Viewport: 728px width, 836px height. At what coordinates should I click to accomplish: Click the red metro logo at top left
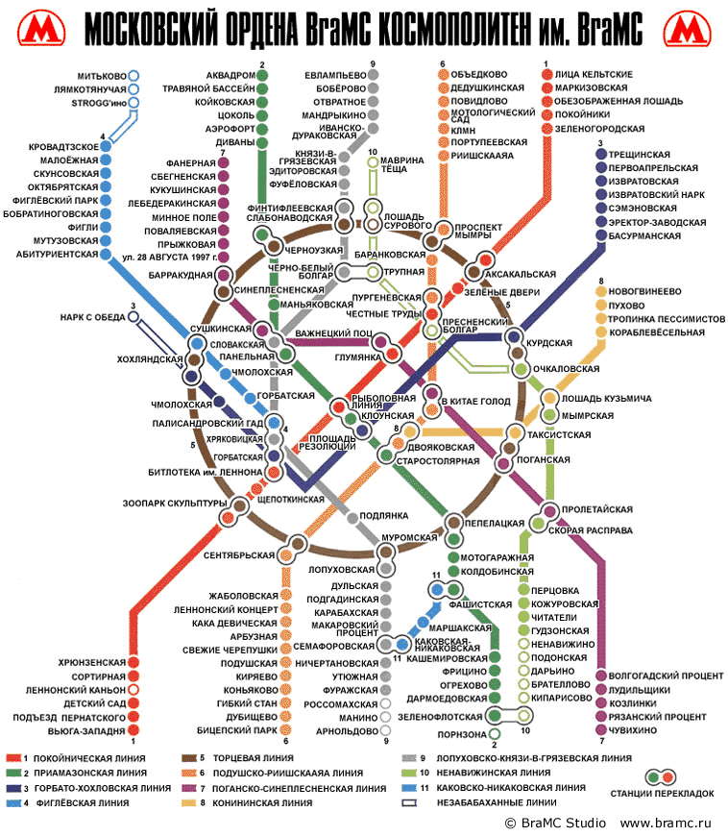[41, 29]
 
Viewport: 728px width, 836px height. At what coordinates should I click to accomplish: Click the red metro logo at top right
[687, 29]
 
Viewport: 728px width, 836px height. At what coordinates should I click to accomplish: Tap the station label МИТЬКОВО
[102, 76]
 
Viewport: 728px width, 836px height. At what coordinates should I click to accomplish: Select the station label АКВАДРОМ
[231, 75]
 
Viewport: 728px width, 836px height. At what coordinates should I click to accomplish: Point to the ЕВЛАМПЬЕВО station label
[335, 75]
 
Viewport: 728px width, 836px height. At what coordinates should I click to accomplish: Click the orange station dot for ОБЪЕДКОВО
[444, 75]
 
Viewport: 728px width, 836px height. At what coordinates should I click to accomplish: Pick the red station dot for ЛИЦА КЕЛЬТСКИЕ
[547, 75]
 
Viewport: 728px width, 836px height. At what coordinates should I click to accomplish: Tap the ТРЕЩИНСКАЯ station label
[639, 155]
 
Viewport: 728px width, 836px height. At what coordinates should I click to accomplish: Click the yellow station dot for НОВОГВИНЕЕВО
[601, 292]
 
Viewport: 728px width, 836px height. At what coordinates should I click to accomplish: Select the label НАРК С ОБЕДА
[93, 318]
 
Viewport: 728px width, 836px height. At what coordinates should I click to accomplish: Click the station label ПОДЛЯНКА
[384, 516]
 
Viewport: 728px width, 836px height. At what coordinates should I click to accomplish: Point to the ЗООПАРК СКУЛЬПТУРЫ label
[175, 504]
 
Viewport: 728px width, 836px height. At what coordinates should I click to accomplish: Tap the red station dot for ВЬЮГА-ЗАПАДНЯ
[133, 730]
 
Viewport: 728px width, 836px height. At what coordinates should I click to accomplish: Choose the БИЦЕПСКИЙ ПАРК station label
[237, 730]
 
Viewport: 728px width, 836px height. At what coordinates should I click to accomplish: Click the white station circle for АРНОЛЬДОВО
[385, 730]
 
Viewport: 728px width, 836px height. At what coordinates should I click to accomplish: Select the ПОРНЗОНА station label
[462, 735]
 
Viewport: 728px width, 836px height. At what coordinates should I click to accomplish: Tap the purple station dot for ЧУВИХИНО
[601, 730]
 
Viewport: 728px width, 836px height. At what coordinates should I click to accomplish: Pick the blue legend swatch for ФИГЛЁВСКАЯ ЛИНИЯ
[13, 803]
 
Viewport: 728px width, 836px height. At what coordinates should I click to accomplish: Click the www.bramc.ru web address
[666, 824]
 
